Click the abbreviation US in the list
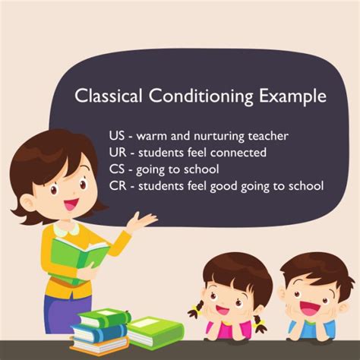[x=118, y=137]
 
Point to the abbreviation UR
[x=118, y=153]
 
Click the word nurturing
[x=216, y=137]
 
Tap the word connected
[x=236, y=153]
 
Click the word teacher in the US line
[x=267, y=137]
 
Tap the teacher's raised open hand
[x=142, y=220]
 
